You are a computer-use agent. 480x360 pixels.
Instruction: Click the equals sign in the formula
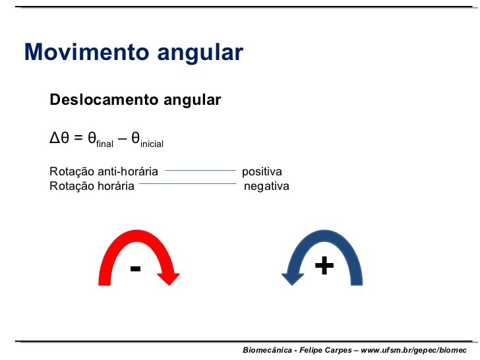(78, 138)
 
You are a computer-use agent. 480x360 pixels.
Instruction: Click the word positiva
(262, 171)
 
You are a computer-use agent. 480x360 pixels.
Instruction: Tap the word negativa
(266, 186)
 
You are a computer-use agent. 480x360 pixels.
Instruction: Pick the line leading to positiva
(200, 170)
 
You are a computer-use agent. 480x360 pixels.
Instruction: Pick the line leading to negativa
(187, 185)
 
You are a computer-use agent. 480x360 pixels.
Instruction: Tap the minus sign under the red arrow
(135, 268)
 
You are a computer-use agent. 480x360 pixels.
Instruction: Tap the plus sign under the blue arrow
(324, 266)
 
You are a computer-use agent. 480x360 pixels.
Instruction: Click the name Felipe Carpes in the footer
(324, 349)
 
